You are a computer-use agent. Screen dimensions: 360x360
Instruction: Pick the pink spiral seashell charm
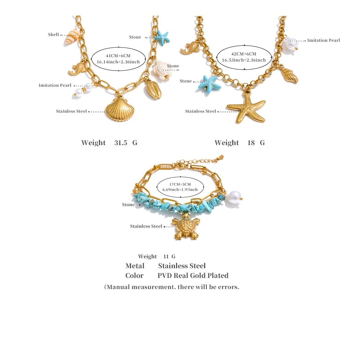pyautogui.click(x=72, y=37)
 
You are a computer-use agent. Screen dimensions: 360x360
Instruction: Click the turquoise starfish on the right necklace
pyautogui.click(x=209, y=84)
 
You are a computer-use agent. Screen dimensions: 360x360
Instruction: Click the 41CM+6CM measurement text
pyautogui.click(x=118, y=56)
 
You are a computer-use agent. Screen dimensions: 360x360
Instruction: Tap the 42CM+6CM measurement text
pyautogui.click(x=244, y=54)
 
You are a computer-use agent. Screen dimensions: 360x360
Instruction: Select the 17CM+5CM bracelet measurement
pyautogui.click(x=180, y=184)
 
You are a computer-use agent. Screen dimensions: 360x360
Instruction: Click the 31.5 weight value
pyautogui.click(x=121, y=143)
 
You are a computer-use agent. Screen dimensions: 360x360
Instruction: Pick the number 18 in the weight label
pyautogui.click(x=251, y=143)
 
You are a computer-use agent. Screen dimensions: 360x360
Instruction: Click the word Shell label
pyautogui.click(x=54, y=35)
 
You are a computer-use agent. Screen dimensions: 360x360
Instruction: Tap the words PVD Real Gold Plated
pyautogui.click(x=193, y=275)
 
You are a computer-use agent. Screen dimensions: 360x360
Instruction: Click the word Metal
pyautogui.click(x=135, y=266)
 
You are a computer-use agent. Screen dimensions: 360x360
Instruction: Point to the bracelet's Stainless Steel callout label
pyautogui.click(x=146, y=226)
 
